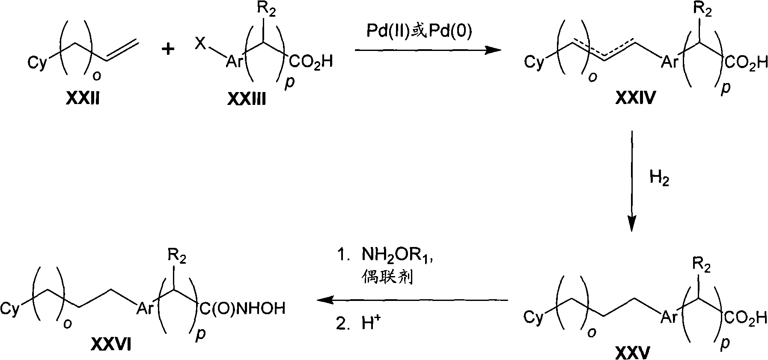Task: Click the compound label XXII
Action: click(x=83, y=99)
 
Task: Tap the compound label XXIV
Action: click(x=636, y=99)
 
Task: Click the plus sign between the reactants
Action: click(x=168, y=50)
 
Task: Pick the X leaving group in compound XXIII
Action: click(x=200, y=42)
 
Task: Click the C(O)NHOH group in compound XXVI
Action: click(x=242, y=308)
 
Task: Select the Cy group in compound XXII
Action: click(x=37, y=64)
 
